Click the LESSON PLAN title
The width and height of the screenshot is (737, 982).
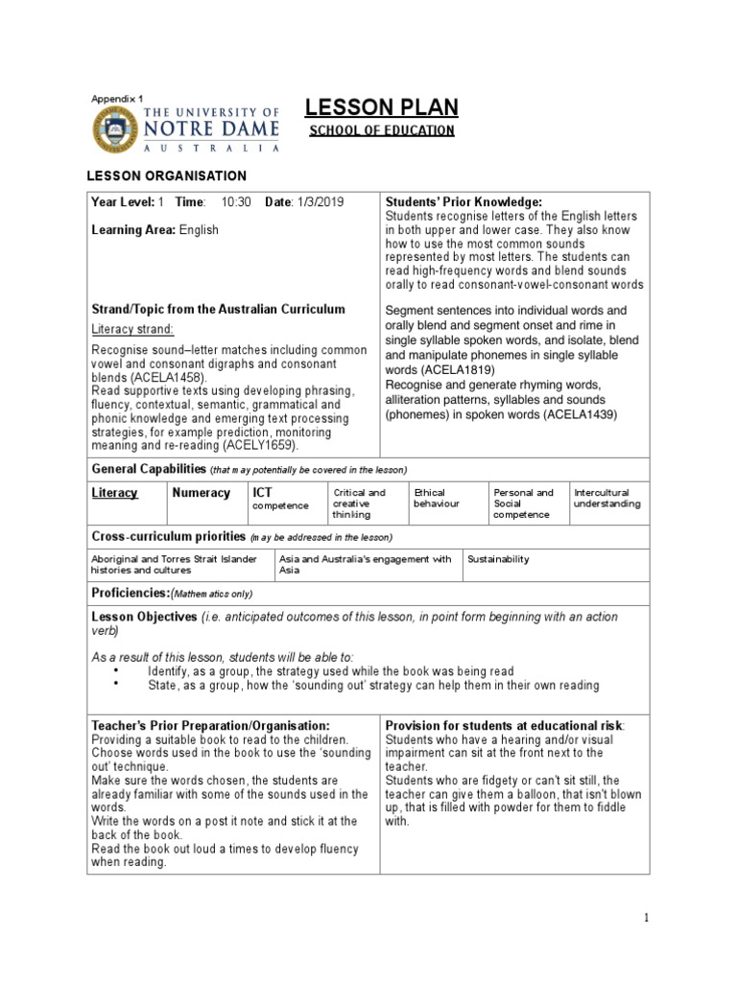381,106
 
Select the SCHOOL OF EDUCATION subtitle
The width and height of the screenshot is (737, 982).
381,130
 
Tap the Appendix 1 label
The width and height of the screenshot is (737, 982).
116,99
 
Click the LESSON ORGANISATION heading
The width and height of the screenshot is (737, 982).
166,175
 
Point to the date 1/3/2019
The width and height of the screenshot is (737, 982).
319,202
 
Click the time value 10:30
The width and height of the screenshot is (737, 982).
235,202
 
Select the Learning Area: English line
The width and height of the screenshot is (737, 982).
155,230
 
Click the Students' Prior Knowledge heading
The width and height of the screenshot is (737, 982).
464,202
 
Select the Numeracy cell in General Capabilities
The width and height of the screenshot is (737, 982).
201,493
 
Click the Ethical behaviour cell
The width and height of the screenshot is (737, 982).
436,499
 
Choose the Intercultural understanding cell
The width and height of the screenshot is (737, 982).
608,499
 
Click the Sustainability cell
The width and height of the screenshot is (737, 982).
498,559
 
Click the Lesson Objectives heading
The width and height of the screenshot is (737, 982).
144,617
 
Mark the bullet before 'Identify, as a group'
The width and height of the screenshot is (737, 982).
116,671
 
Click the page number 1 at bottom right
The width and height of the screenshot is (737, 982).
647,918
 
